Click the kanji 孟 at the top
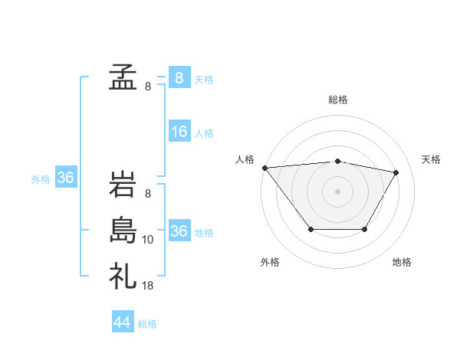123,77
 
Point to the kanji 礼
123,275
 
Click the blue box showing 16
179,132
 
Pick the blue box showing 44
123,322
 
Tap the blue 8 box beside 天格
179,78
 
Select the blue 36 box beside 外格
66,178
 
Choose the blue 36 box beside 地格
179,231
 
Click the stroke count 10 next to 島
148,240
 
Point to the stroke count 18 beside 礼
148,285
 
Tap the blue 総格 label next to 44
147,324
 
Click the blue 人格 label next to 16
204,133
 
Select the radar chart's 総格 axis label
338,100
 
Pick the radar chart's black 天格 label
431,159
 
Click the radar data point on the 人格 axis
264,167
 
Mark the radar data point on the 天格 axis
396,172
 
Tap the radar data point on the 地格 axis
365,229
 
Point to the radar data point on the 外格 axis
310,229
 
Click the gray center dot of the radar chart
338,191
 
